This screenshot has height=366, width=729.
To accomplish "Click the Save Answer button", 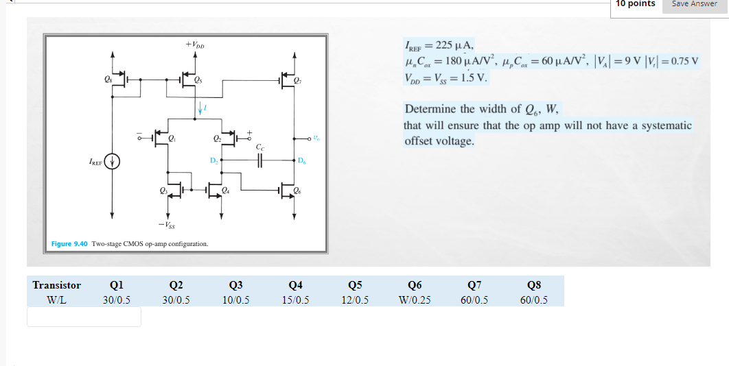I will click(694, 3).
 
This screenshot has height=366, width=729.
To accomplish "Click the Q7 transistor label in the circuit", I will click(297, 80).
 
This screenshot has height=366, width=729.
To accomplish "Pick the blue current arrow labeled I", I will click(200, 108).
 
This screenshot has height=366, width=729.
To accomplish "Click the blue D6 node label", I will click(302, 160).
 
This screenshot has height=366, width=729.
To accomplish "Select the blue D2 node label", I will click(213, 160).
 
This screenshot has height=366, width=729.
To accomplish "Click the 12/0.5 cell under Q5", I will click(355, 300).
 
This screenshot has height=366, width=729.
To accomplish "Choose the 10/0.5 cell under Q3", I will click(235, 300).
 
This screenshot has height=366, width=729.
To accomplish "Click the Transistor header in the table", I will click(57, 285).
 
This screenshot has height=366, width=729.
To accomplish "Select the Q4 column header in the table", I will click(296, 285).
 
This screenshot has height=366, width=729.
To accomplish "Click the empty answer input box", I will click(84, 317).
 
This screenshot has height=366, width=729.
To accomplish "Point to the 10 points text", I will click(635, 3).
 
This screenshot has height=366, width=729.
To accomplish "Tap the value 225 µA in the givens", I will click(452, 46).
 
